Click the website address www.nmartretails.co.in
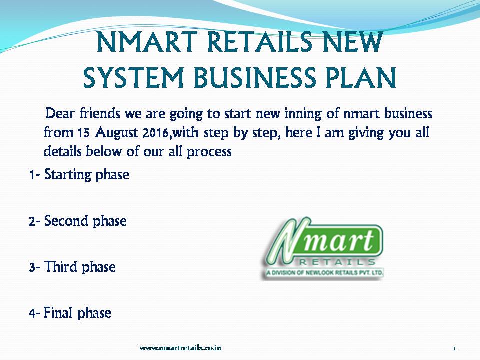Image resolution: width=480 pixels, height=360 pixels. pos(180,348)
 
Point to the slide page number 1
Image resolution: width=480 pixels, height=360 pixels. pos(454,348)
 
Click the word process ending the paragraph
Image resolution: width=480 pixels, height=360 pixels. pos(209,152)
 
